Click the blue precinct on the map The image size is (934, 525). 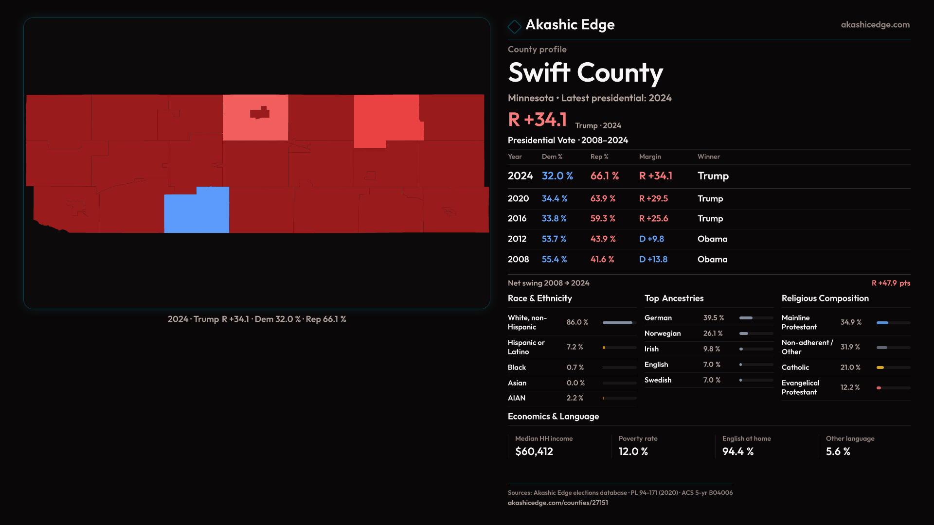197,210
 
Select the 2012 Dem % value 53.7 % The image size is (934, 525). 554,239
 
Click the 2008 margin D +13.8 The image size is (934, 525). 653,260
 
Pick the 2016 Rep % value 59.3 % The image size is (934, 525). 603,219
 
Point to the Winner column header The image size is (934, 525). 708,157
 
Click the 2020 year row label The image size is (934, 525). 518,199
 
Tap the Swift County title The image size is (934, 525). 585,73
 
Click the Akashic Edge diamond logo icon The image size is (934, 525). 514,26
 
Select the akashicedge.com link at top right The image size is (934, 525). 875,25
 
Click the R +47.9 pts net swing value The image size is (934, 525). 890,283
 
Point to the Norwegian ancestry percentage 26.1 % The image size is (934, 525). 713,333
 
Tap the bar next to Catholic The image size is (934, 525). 893,367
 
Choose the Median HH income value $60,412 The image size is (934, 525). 534,452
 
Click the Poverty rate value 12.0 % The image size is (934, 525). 633,452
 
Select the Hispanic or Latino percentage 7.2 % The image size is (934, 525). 575,347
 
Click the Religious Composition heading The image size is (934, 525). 825,298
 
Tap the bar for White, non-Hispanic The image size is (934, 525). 619,323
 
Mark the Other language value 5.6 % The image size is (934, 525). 838,452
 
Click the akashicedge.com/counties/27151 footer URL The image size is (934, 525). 557,503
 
